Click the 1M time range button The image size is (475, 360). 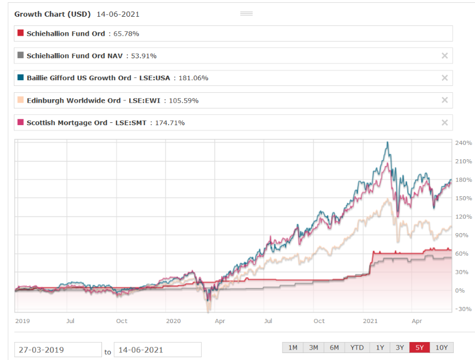click(x=293, y=347)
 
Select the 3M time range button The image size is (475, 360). click(x=314, y=347)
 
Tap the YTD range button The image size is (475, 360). click(x=357, y=347)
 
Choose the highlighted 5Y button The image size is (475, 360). click(x=419, y=347)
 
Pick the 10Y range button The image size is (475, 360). click(x=442, y=347)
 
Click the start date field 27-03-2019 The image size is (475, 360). click(x=58, y=350)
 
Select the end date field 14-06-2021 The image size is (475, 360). click(x=157, y=350)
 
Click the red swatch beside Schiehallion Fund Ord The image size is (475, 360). click(x=21, y=33)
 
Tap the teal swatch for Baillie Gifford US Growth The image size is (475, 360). click(x=21, y=78)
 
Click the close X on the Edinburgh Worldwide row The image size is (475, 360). click(x=444, y=100)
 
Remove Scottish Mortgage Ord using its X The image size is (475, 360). click(x=444, y=122)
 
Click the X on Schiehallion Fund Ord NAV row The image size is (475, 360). click(x=444, y=56)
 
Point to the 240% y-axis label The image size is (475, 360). click(x=464, y=142)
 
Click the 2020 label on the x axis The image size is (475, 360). click(x=173, y=321)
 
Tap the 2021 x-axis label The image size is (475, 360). click(x=370, y=321)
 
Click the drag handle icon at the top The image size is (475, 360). click(x=246, y=13)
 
